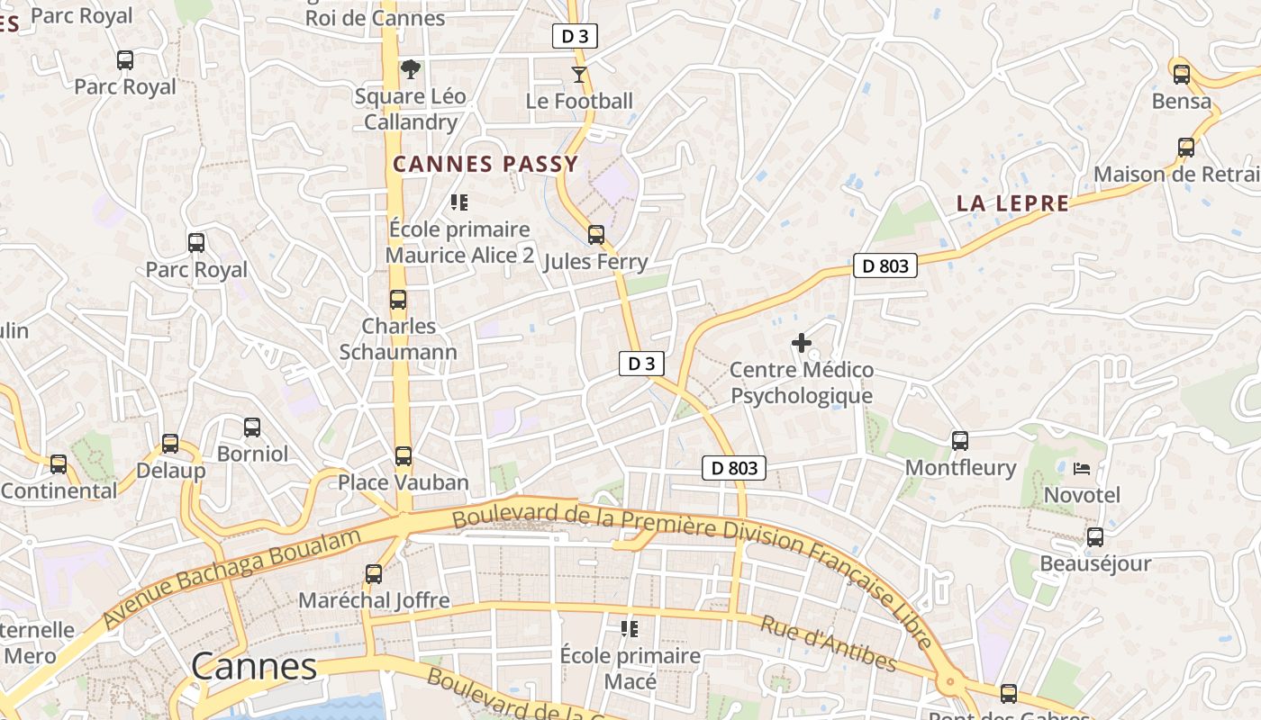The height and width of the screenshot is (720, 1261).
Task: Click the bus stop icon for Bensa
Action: click(1181, 75)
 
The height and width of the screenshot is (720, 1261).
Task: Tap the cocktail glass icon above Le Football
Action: click(579, 74)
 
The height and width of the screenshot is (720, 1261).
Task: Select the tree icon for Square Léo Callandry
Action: click(411, 69)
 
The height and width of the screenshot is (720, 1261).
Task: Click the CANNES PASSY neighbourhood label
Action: click(485, 164)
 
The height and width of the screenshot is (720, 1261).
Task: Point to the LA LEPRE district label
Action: click(1012, 203)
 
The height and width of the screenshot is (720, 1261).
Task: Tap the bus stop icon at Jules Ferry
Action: click(595, 235)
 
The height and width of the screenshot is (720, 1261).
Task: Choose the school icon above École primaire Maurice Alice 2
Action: click(459, 202)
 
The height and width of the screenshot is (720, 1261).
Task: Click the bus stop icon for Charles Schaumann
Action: click(397, 300)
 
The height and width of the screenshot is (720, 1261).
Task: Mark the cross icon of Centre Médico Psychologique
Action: click(801, 343)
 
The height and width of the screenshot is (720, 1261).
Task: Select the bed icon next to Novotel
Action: click(1082, 468)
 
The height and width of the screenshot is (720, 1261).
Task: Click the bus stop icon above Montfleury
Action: click(960, 441)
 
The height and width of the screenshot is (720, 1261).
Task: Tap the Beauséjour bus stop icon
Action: click(1095, 537)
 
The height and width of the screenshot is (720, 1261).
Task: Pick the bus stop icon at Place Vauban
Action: click(404, 456)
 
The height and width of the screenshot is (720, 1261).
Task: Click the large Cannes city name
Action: click(254, 667)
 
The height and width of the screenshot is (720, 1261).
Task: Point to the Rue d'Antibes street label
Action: click(829, 644)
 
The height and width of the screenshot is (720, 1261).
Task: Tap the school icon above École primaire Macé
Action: click(630, 628)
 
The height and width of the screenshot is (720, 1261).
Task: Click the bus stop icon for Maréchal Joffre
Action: click(373, 573)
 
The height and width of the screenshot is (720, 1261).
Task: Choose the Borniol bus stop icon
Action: click(252, 427)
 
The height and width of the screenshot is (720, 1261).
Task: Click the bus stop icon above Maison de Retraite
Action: click(1186, 148)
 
